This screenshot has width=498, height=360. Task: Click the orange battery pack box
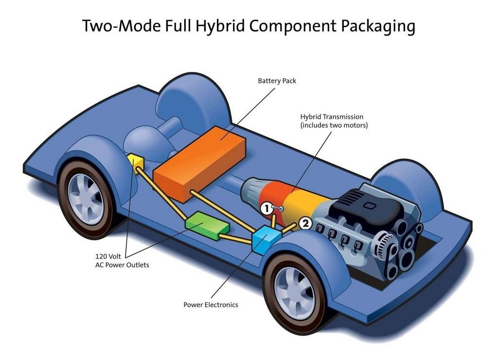click(199, 163)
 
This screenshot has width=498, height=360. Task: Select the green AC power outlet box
click(207, 225)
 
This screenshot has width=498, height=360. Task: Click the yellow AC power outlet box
click(136, 162)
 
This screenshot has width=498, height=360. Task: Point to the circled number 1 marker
click(267, 209)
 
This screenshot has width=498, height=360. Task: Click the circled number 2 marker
click(305, 224)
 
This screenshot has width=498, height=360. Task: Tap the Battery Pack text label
click(277, 81)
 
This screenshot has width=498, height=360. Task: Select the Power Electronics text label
click(211, 305)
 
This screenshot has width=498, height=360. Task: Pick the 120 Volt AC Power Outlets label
click(122, 261)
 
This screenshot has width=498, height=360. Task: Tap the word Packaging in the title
click(378, 27)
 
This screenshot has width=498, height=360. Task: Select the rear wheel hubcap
click(86, 199)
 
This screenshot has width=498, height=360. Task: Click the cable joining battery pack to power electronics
click(222, 211)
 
